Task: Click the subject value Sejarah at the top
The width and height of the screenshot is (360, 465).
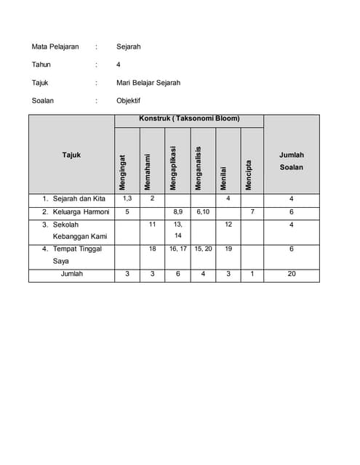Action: click(128, 46)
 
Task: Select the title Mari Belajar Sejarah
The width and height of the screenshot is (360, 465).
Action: click(148, 83)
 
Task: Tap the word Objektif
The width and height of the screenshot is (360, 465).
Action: click(128, 101)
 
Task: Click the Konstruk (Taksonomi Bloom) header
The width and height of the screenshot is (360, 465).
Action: click(189, 118)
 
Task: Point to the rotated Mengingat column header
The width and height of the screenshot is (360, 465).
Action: click(123, 172)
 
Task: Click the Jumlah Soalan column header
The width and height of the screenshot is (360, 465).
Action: click(292, 161)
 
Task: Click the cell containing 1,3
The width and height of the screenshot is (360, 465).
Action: click(127, 198)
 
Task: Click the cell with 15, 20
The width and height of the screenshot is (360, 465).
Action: click(203, 248)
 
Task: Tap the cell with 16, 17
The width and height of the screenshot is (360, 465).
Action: click(177, 248)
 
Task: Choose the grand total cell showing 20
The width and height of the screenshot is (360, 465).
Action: click(292, 274)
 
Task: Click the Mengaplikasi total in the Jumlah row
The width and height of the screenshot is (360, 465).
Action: click(177, 274)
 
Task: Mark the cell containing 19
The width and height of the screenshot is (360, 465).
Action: click(228, 248)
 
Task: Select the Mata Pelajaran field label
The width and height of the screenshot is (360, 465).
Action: click(55, 46)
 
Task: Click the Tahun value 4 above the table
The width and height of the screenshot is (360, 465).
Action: click(119, 65)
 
